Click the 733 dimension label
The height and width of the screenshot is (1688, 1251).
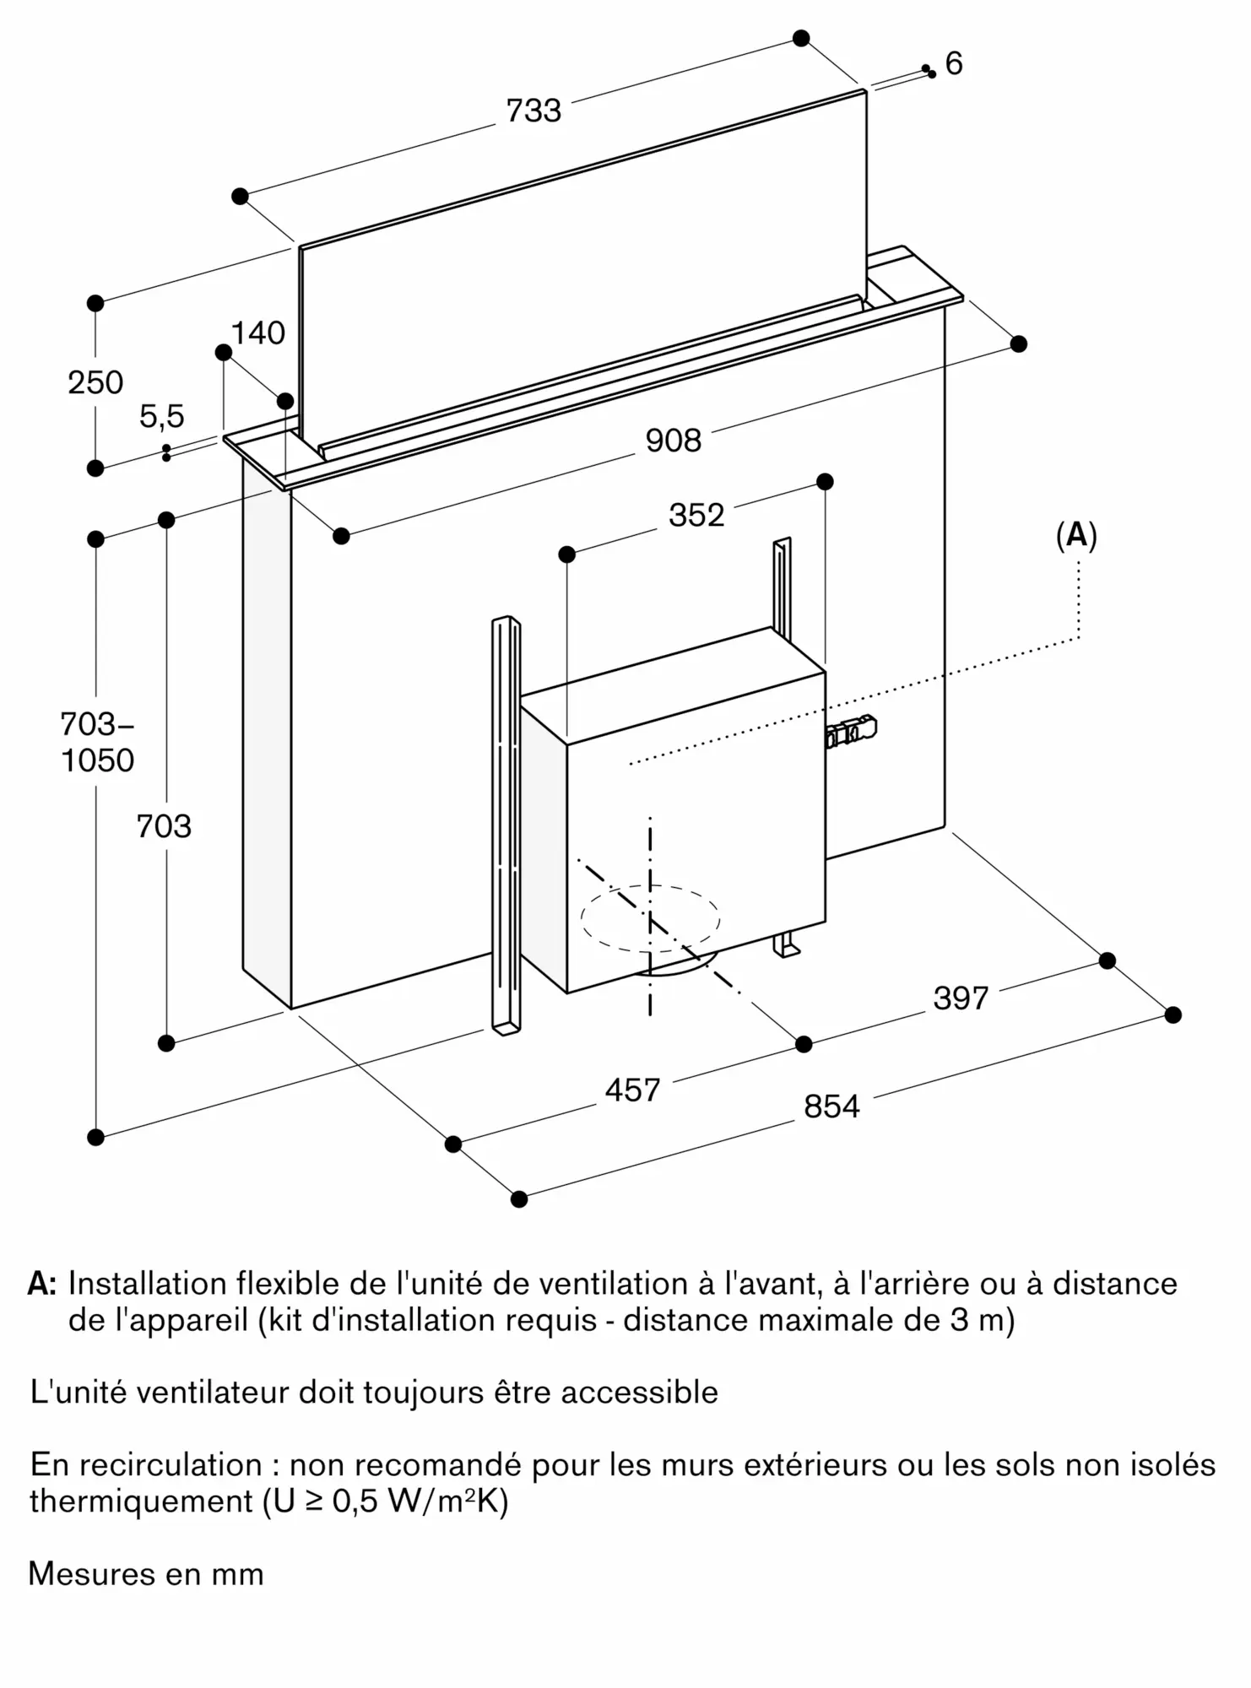(533, 111)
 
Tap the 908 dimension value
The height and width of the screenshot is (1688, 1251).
(673, 440)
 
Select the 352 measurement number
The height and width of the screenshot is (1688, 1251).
(696, 515)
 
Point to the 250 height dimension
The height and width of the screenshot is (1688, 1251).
(95, 382)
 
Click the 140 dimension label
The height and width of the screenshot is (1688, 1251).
(257, 333)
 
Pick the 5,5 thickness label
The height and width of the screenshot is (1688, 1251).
(161, 416)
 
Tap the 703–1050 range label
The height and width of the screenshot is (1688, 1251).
(97, 742)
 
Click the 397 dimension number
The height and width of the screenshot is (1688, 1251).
(961, 998)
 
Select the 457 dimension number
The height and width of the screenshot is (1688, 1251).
(632, 1090)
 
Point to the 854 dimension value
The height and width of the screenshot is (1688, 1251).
(831, 1106)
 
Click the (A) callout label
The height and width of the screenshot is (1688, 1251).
(1076, 535)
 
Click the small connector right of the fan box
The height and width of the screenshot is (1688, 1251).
(852, 731)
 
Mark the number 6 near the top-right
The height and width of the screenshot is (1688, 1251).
(954, 63)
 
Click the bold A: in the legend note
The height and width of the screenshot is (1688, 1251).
(42, 1283)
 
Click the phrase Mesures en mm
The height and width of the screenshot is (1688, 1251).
(146, 1574)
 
